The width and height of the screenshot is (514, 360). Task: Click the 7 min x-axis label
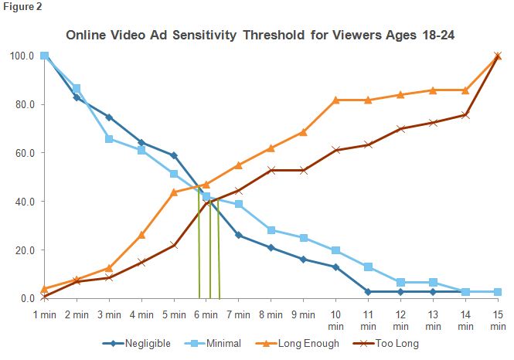coord(238,314)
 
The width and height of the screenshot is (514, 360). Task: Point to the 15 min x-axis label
coord(497,321)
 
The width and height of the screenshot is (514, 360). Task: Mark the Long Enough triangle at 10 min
coord(336,100)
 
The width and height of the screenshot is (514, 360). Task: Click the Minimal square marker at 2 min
coord(77,88)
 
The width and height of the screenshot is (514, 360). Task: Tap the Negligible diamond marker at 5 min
coord(174,155)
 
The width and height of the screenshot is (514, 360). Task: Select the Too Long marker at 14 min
coord(465,115)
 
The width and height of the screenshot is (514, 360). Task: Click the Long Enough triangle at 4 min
coord(141,235)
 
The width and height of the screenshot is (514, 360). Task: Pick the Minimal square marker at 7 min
coord(239,204)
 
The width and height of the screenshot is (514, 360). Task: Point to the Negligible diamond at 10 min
coord(336,267)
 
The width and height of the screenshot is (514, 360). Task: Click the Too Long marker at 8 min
coord(271,170)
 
